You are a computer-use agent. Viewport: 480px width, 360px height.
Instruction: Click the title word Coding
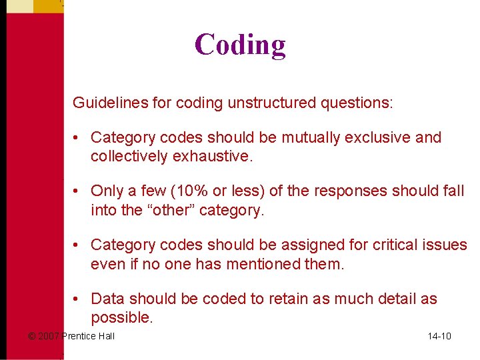[240, 45]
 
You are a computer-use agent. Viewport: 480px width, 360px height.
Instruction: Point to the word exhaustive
[213, 157]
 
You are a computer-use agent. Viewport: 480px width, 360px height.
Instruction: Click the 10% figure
[190, 191]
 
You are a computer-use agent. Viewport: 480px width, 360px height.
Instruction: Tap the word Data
[107, 299]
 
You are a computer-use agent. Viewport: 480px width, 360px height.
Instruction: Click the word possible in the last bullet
[120, 318]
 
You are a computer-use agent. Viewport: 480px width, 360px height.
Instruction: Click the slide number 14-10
[439, 336]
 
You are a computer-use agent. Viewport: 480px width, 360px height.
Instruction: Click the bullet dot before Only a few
[77, 191]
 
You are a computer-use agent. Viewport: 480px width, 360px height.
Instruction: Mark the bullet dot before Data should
[77, 299]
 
